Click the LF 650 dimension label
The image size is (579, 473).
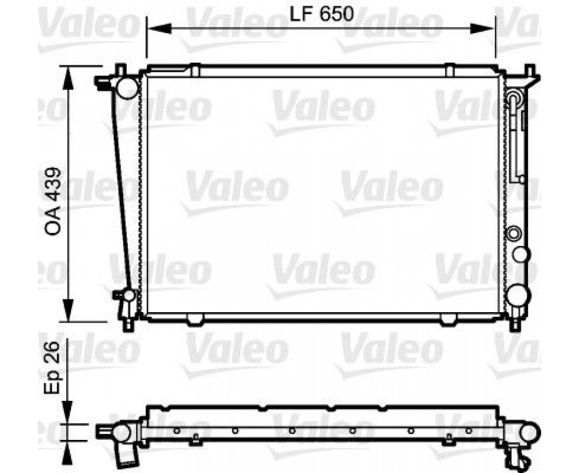pos(322,14)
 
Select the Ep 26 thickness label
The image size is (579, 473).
pos(52,368)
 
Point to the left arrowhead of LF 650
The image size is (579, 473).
pos(159,28)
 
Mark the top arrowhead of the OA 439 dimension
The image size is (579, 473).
pos(67,78)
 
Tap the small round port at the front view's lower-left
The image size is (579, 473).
pos(129,295)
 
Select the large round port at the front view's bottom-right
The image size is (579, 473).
pos(518,295)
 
